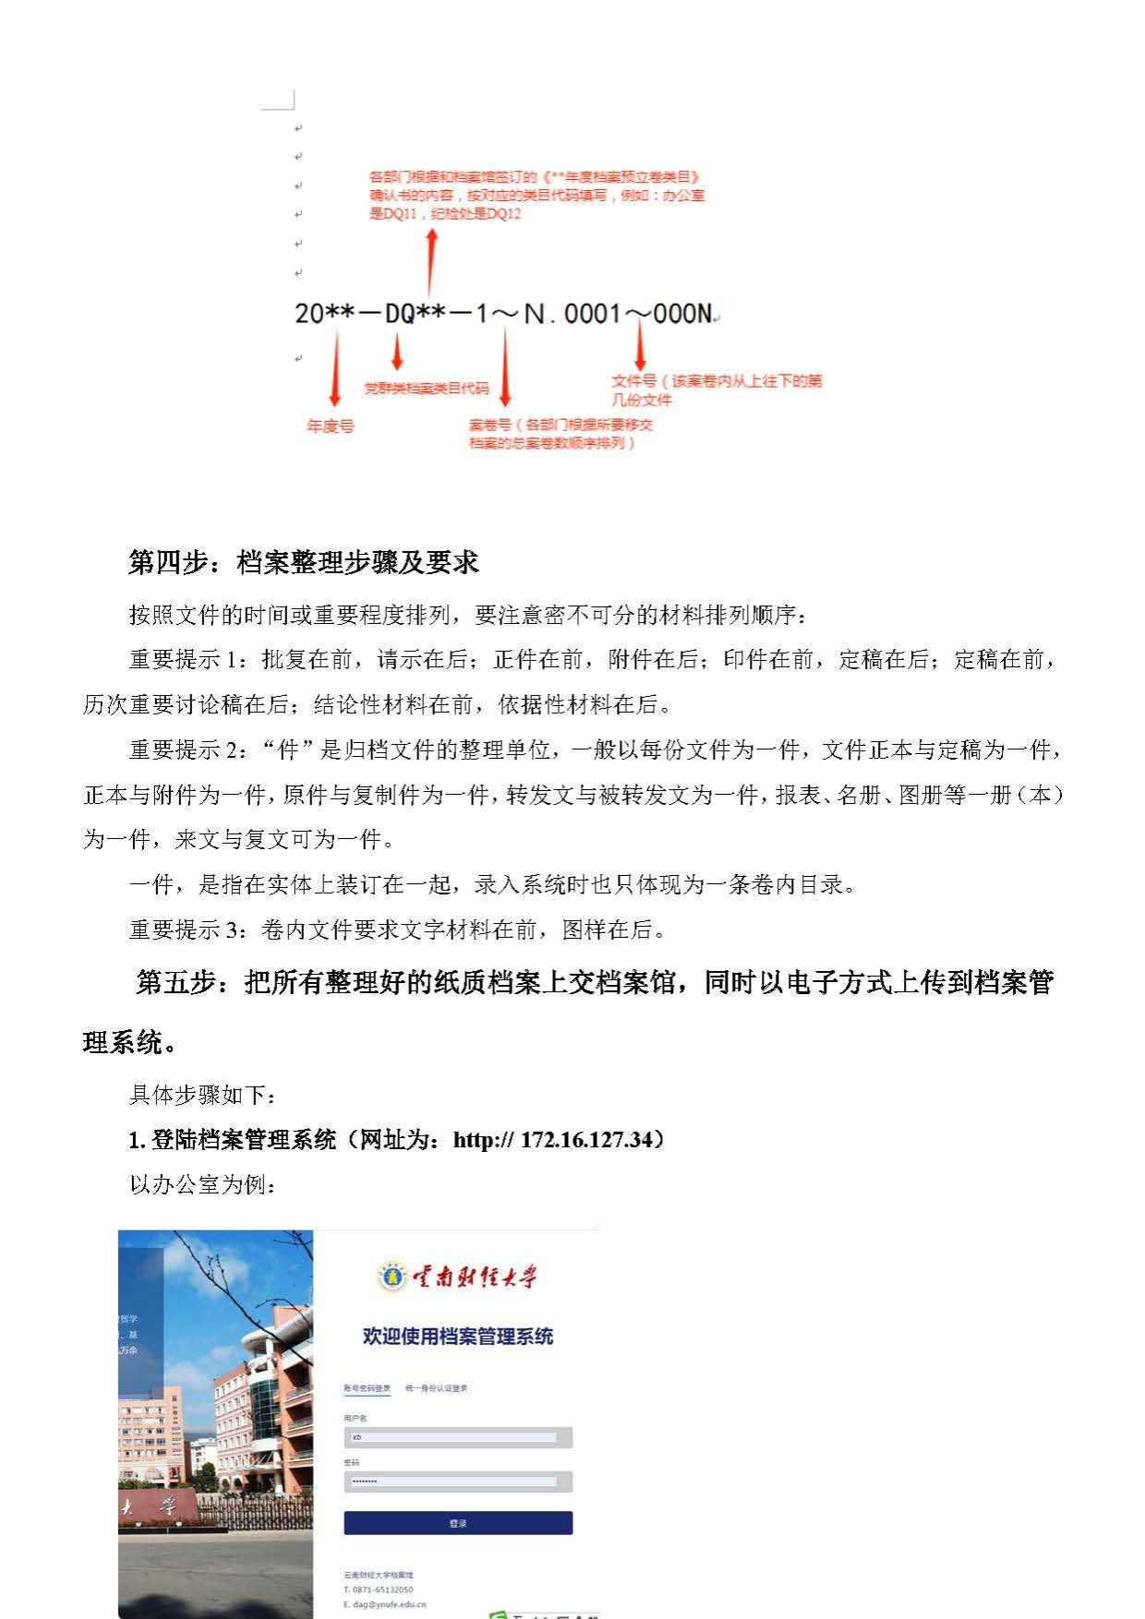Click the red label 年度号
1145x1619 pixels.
point(331,426)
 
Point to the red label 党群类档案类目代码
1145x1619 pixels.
point(426,388)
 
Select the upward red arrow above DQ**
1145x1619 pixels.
point(430,262)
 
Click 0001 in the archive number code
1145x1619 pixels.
point(593,314)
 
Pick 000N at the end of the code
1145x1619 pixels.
point(682,314)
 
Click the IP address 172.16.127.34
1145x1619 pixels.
point(586,1140)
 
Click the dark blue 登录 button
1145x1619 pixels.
point(458,1523)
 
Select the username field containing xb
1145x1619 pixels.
point(458,1437)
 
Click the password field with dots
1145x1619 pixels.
point(458,1481)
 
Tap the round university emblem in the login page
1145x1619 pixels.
point(392,1277)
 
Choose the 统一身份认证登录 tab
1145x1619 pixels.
point(437,1388)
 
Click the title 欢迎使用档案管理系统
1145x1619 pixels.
point(458,1336)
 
